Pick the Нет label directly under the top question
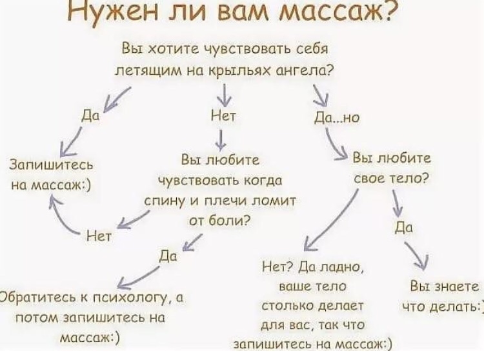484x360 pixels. (224, 116)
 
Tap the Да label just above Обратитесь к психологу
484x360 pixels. (167, 256)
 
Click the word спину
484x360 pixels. (166, 201)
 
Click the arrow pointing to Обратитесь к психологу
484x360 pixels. (139, 276)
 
